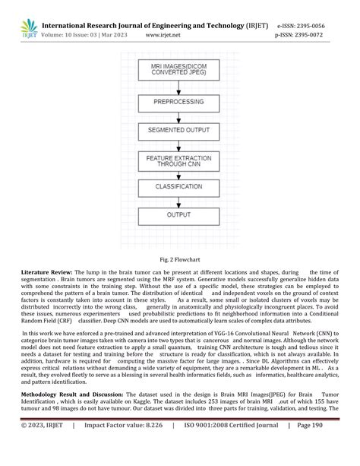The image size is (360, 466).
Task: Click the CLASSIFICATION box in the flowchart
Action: (174, 185)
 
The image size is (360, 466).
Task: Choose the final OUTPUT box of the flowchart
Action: (174, 215)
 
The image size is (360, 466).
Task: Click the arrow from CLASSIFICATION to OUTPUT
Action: (174, 201)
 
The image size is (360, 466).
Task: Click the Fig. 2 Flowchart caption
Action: (180, 258)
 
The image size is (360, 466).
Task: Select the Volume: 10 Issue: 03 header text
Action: (78, 35)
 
